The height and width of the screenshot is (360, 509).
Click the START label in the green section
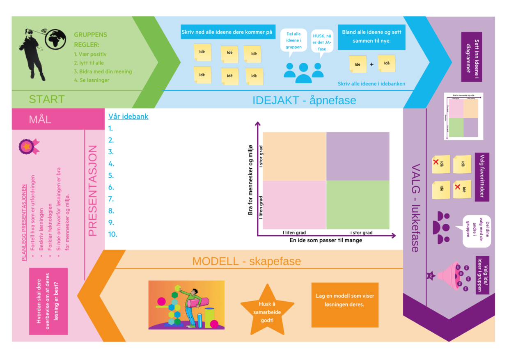pos(46,99)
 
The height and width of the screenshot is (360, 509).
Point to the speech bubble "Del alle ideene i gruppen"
pos(293,41)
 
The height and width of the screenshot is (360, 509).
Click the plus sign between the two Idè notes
pos(372,64)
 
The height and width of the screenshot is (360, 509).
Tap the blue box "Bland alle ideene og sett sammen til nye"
pos(371,37)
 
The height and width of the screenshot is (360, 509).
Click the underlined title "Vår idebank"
pos(128,116)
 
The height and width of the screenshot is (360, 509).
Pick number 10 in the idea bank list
pos(113,234)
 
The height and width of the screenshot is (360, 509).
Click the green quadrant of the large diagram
pos(358,204)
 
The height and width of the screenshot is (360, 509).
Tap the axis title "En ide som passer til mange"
pos(326,240)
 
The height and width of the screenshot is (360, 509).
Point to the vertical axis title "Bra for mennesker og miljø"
pos(250,180)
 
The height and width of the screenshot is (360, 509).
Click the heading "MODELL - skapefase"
pos(246,261)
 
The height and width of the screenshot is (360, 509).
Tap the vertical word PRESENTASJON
pos(93,190)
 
